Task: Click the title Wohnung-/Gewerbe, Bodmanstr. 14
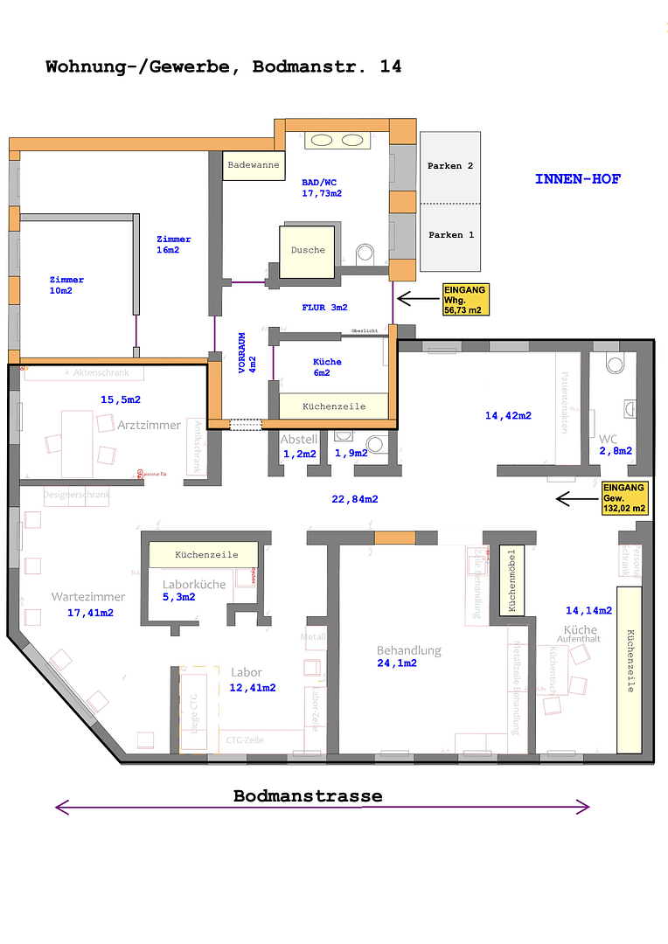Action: [x=224, y=66]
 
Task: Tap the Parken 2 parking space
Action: [x=450, y=166]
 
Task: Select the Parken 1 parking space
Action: [x=450, y=235]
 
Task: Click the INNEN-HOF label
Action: [x=578, y=179]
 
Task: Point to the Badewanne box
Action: [x=254, y=165]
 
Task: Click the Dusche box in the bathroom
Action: [x=308, y=250]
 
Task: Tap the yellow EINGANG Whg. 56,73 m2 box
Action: [x=465, y=300]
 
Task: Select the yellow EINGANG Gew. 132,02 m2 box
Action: [x=624, y=498]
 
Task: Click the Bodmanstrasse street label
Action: [x=308, y=796]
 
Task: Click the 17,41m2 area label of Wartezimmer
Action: [x=91, y=613]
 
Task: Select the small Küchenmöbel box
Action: [x=508, y=581]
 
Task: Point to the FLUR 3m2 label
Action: [x=324, y=308]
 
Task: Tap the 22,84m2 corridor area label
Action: [x=355, y=499]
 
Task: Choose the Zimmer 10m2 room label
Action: [x=66, y=285]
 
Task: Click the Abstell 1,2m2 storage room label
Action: [x=298, y=447]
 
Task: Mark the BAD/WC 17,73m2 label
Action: [x=322, y=188]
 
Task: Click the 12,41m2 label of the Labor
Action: [x=253, y=688]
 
